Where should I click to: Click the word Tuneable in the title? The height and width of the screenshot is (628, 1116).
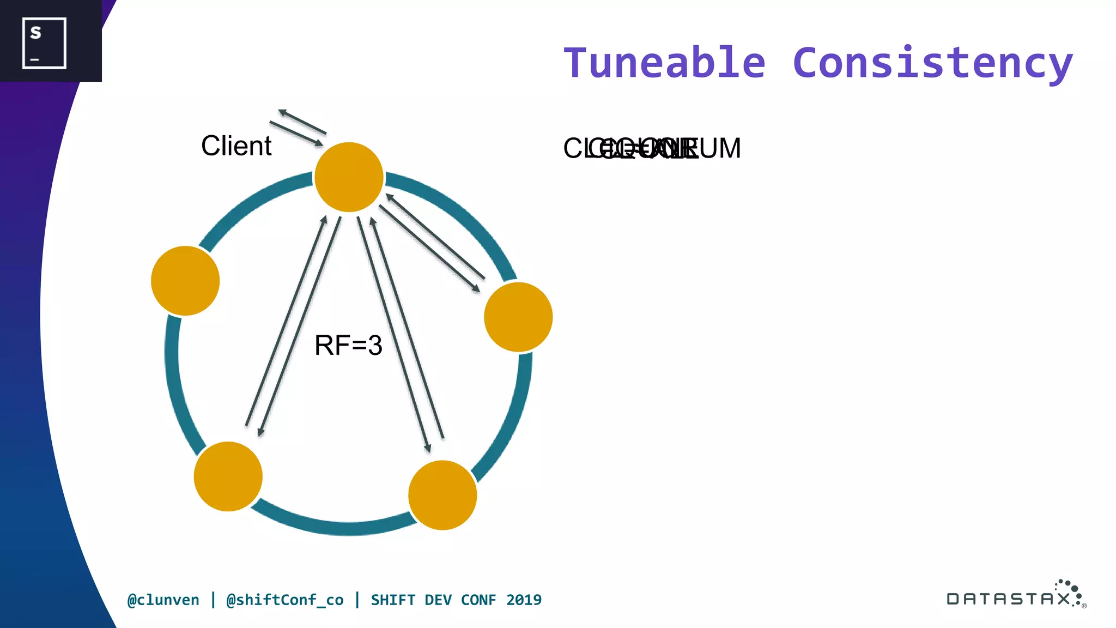pyautogui.click(x=664, y=63)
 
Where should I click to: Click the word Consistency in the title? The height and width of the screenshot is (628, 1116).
pyautogui.click(x=932, y=63)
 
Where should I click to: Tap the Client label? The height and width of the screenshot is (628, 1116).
pyautogui.click(x=236, y=146)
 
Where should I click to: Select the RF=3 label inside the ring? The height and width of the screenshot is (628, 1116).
pyautogui.click(x=348, y=345)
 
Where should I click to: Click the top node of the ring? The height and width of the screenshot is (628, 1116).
pyautogui.click(x=349, y=177)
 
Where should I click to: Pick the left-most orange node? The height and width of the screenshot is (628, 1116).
pyautogui.click(x=185, y=281)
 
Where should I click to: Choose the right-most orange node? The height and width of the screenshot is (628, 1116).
pyautogui.click(x=518, y=317)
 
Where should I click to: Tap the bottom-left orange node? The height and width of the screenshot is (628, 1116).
pyautogui.click(x=228, y=476)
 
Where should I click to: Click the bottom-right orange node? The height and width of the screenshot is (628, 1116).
pyautogui.click(x=442, y=495)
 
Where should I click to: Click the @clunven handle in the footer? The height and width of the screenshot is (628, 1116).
pyautogui.click(x=163, y=600)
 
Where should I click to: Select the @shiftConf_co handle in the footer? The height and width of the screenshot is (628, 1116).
pyautogui.click(x=284, y=600)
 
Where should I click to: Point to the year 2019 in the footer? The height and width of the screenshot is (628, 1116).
pyautogui.click(x=524, y=600)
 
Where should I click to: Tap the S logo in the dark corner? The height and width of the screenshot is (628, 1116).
pyautogui.click(x=44, y=43)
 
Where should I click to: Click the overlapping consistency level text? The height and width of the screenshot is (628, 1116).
pyautogui.click(x=652, y=148)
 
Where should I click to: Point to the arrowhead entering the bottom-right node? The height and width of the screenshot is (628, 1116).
pyautogui.click(x=428, y=449)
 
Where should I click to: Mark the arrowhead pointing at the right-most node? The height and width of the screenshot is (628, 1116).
pyautogui.click(x=477, y=289)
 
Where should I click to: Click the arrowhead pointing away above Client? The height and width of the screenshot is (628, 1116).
pyautogui.click(x=282, y=112)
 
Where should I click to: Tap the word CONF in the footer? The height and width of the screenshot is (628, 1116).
pyautogui.click(x=478, y=600)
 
